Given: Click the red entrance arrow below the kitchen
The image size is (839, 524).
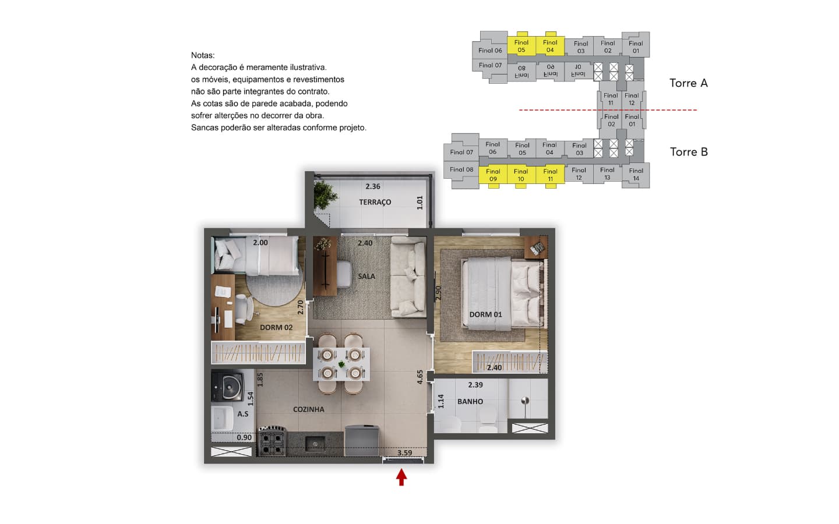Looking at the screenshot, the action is (401, 477).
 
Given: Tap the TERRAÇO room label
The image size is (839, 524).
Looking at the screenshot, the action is (375, 202).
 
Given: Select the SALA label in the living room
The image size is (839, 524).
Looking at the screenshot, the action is (366, 276).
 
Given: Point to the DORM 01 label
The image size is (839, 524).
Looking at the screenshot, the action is (485, 314).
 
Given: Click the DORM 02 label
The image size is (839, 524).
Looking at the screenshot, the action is (276, 327).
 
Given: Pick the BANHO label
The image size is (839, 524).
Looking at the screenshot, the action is (470, 402).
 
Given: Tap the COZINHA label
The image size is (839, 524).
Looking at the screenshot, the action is (309, 409).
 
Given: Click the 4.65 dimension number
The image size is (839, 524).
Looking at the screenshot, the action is (420, 377).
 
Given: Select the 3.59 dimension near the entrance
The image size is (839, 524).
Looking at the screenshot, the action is (404, 453).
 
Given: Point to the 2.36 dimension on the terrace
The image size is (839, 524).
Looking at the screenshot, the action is (373, 186).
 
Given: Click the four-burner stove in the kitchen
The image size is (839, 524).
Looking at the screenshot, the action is (272, 442).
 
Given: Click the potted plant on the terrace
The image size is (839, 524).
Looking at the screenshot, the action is (325, 194).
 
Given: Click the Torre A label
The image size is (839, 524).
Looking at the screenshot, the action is (689, 83).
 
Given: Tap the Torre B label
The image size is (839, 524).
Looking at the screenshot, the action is (689, 152).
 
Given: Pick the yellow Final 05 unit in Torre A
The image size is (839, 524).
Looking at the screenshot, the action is (521, 45).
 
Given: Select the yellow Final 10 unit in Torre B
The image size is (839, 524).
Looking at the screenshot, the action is (521, 175).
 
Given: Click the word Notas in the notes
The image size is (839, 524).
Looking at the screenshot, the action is (203, 55).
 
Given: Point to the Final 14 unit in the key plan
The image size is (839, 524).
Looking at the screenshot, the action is (636, 175).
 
